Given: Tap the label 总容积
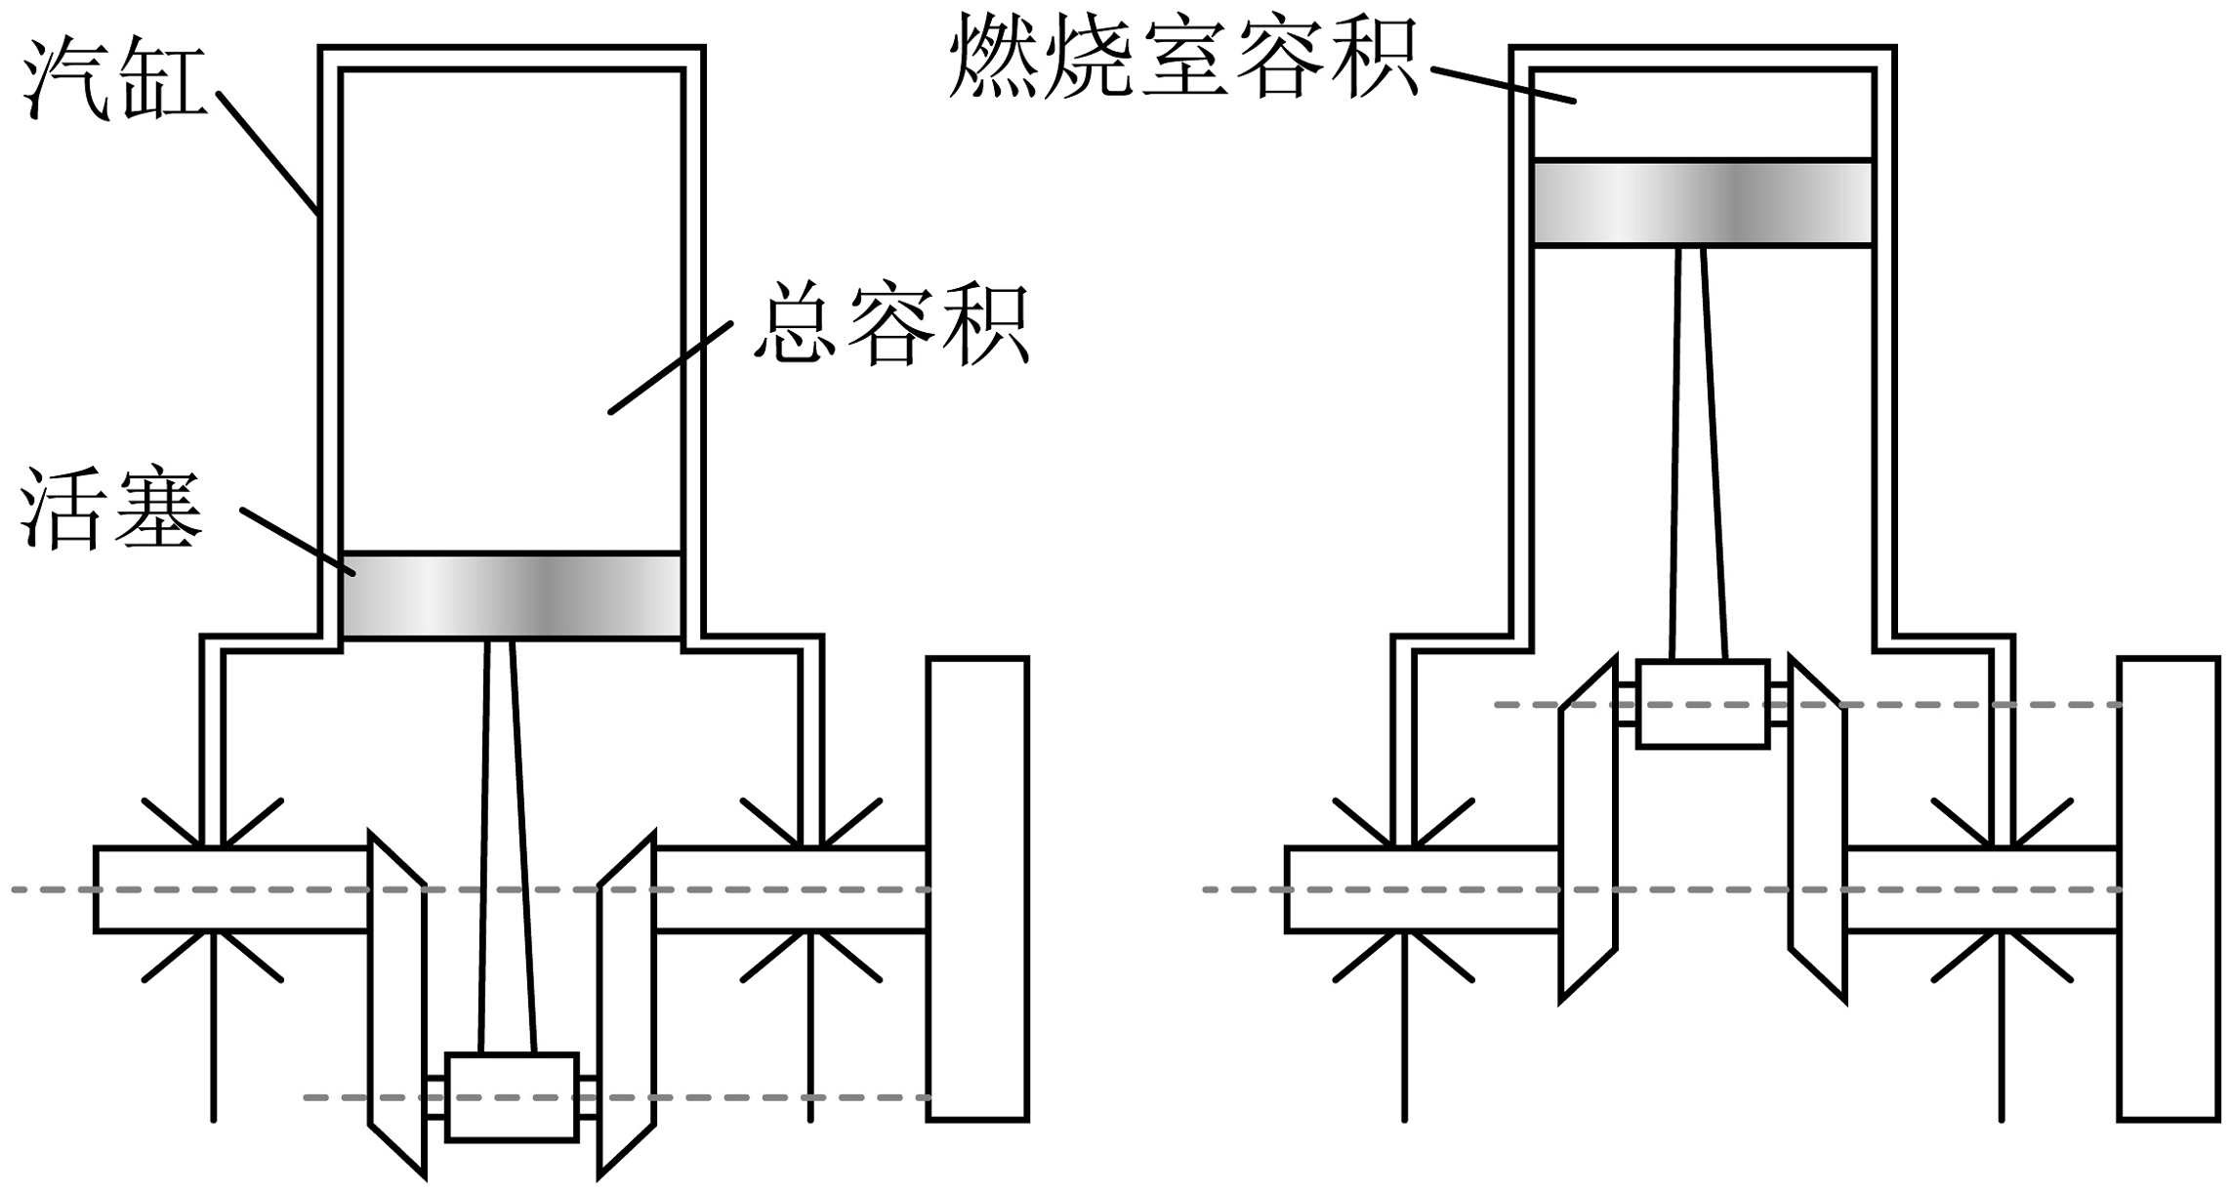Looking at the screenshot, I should coord(890,324).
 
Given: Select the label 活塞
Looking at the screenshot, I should coord(111,511).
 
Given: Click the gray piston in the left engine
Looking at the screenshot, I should coord(512,596).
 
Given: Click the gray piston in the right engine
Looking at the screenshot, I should coord(1703,203).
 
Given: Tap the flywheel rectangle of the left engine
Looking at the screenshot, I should coord(977,888).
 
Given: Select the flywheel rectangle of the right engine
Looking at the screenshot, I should coord(2169,888).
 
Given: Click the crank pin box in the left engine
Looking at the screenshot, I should coord(512,1096).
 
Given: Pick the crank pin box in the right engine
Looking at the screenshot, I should coord(1703,704).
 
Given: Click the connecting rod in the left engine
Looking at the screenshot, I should coord(509,844).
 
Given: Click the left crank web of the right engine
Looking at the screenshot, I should coord(1588,830).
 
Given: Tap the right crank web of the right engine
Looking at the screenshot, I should coord(1817,830).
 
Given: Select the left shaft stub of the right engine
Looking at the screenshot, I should coord(1422,889).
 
